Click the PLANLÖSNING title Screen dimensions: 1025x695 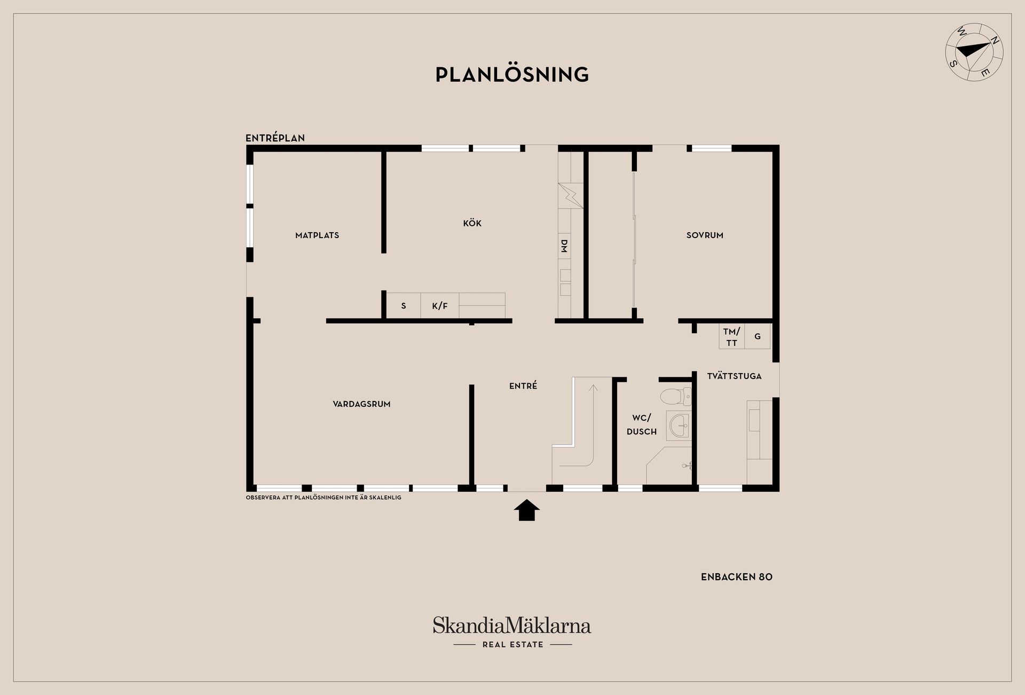512,75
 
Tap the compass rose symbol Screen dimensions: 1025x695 974,52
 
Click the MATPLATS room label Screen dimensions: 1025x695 317,235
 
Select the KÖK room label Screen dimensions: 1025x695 472,223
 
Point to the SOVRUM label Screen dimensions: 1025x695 705,235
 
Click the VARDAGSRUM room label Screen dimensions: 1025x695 361,404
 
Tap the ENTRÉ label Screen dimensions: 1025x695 523,385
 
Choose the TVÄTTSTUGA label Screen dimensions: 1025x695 734,376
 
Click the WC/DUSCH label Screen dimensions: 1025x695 642,425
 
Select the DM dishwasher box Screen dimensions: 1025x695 564,246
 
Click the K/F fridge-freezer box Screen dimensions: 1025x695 440,306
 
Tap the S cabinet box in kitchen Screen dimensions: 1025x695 404,306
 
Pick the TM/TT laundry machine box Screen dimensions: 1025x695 732,337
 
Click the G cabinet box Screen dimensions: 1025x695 758,337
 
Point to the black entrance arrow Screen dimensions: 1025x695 527,510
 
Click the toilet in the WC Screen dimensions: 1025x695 675,397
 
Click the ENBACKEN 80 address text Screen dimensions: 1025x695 737,577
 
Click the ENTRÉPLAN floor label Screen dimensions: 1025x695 275,138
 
